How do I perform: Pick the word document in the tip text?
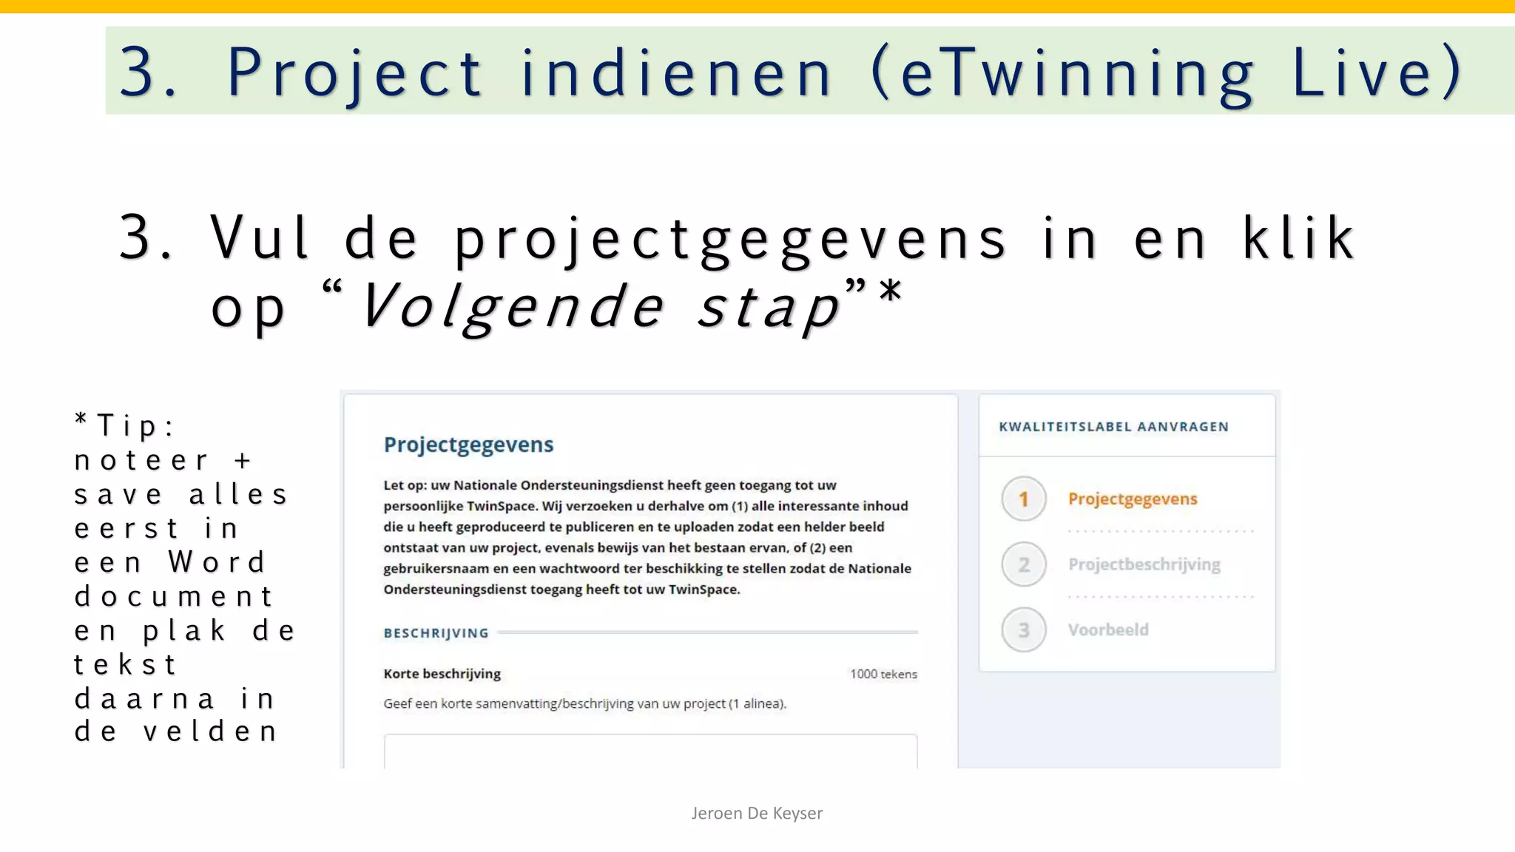(x=174, y=596)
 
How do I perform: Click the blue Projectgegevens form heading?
(x=468, y=444)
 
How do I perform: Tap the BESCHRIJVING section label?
(x=436, y=633)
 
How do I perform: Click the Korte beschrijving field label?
(x=442, y=674)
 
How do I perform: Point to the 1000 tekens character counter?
(x=883, y=674)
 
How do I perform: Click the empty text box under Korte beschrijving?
(x=650, y=751)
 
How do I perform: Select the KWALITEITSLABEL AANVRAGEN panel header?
(x=1113, y=427)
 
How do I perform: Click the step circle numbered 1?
(x=1024, y=499)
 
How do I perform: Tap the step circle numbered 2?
(x=1024, y=565)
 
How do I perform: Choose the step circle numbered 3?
(x=1024, y=630)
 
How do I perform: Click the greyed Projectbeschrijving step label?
(x=1144, y=565)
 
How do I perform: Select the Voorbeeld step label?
(x=1108, y=630)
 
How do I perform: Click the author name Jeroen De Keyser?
(x=757, y=814)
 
